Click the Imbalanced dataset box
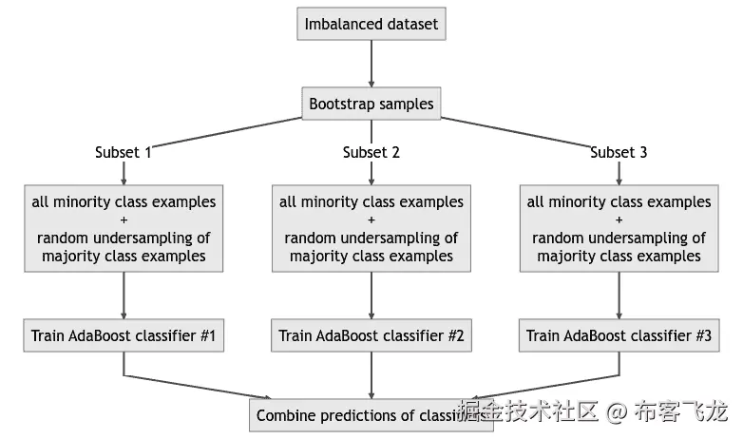coord(371,24)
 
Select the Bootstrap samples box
coord(371,104)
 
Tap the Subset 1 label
coord(124,152)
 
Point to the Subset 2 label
coord(371,152)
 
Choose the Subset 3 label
coord(619,152)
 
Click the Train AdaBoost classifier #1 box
coord(124,335)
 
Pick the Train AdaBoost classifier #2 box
coord(371,335)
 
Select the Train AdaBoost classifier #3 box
coord(619,335)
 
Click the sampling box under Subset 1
coord(124,229)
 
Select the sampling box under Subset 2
coord(371,229)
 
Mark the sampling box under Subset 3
coord(619,229)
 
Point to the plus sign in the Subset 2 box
coord(371,220)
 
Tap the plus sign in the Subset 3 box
coord(619,220)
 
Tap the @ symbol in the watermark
coord(618,412)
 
